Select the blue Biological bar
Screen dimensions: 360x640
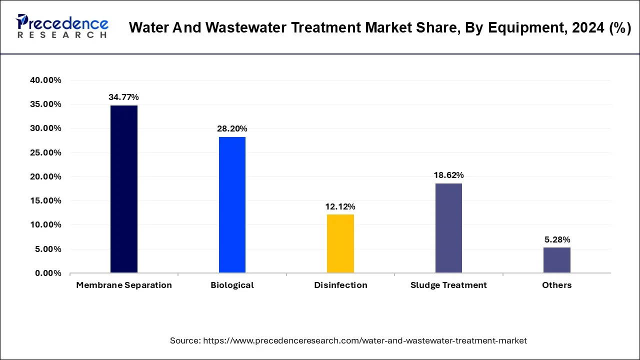coord(232,205)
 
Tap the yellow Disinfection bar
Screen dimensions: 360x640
coord(340,243)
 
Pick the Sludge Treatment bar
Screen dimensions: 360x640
coord(448,228)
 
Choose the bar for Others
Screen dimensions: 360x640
coord(556,260)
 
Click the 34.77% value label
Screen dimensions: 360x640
coord(123,97)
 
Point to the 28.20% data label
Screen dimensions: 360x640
coord(232,129)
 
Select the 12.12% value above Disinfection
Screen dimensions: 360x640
coord(340,206)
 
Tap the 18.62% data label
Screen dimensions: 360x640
coord(448,175)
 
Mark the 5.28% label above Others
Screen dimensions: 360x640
coord(556,239)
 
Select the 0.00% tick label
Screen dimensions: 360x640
coord(49,273)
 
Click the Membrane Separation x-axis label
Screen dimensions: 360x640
coord(124,285)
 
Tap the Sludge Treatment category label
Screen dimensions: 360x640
coord(448,285)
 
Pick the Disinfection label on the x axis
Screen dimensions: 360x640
coord(340,285)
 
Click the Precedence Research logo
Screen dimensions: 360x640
coord(62,26)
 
